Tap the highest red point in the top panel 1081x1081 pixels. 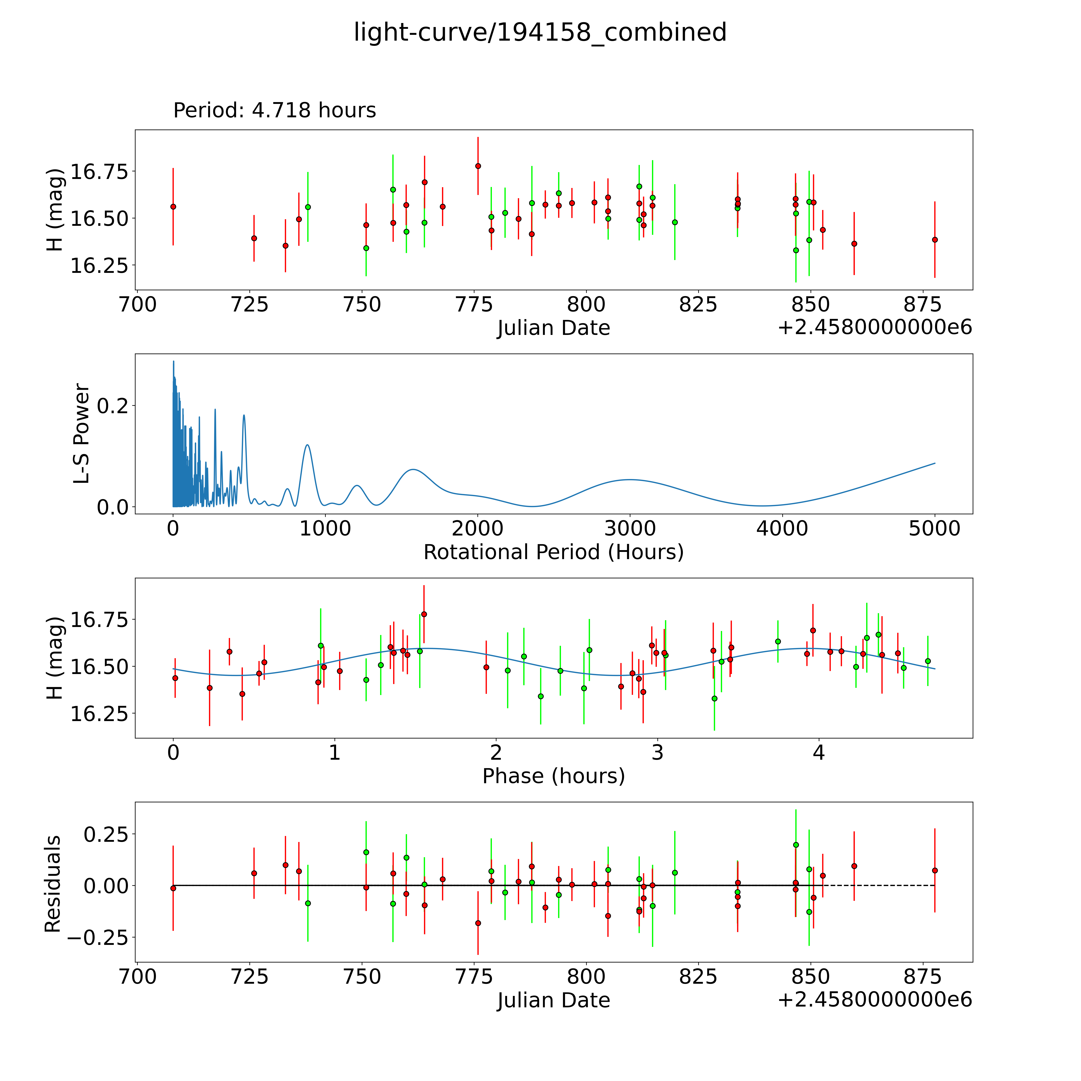[478, 166]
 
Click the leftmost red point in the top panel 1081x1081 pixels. [173, 206]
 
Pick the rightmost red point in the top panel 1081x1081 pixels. [934, 239]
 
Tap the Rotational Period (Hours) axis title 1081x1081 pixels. [553, 552]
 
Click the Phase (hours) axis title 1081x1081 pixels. [553, 776]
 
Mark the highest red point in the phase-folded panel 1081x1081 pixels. [424, 614]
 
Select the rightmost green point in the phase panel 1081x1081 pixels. [928, 661]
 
